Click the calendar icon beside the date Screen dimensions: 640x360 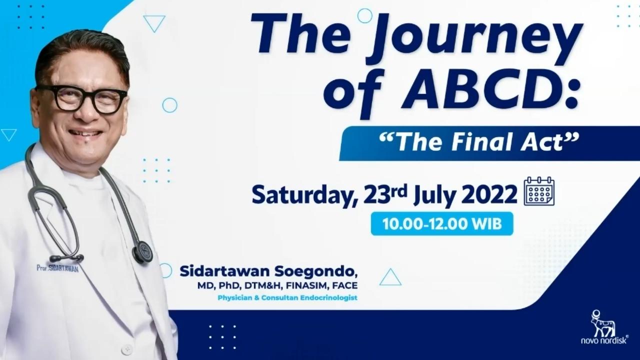[539, 191]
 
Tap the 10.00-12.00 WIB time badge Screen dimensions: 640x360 [442, 223]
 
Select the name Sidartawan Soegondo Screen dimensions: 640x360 [268, 271]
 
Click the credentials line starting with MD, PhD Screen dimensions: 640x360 [277, 285]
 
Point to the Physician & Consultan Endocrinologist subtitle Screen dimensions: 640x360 [287, 297]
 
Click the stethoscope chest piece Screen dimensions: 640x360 [142, 252]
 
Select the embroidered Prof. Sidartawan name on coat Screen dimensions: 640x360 [57, 268]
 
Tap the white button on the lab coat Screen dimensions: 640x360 [126, 349]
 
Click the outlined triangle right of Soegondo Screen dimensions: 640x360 [390, 277]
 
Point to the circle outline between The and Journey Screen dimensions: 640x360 [365, 15]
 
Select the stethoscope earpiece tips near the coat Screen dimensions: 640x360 [67, 258]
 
